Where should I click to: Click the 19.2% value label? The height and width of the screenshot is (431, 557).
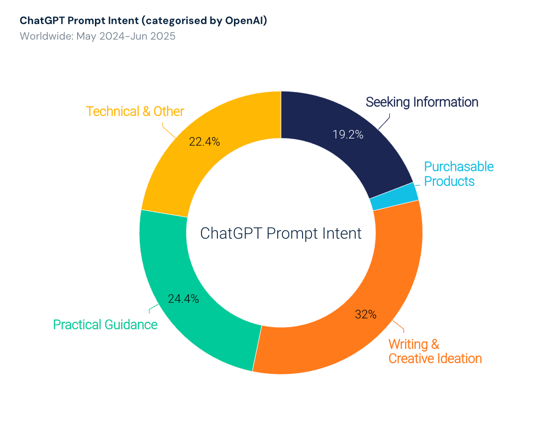(348, 134)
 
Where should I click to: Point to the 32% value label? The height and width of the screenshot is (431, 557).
(366, 314)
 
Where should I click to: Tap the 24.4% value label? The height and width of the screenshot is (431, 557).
(183, 299)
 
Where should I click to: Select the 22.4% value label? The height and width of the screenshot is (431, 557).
(204, 142)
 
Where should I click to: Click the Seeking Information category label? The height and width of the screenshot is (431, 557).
(422, 102)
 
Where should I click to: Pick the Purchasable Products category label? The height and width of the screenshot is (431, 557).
(459, 174)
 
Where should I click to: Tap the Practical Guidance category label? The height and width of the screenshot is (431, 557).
(105, 325)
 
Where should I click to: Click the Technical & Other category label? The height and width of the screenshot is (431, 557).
(135, 111)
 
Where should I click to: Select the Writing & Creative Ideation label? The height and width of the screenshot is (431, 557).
(435, 351)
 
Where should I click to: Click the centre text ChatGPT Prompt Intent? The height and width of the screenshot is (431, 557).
(281, 233)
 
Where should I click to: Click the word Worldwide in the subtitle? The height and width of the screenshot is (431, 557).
(45, 36)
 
